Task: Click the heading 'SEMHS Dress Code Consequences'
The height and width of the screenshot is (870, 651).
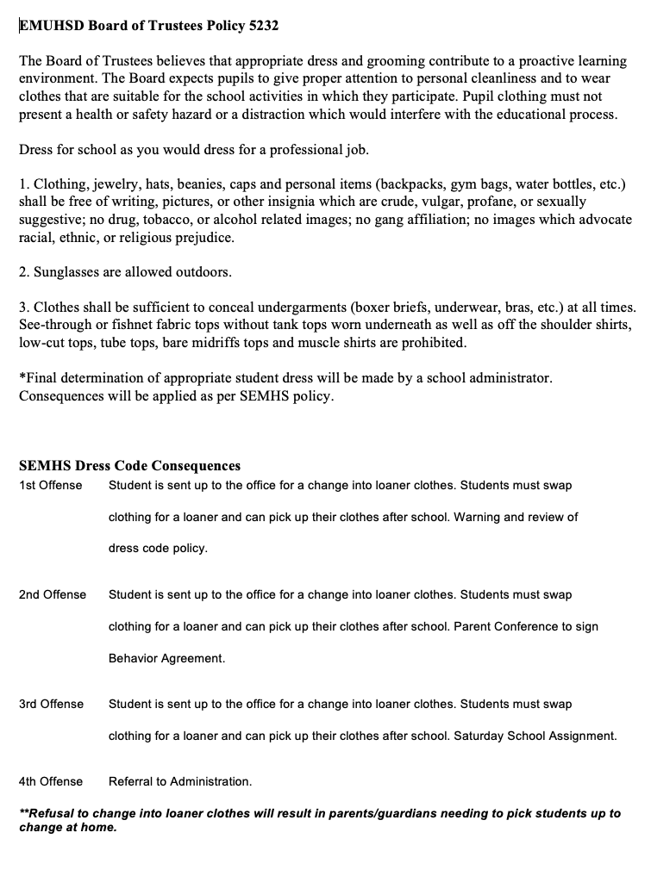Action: tap(129, 466)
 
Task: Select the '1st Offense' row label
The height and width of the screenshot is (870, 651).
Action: tap(50, 485)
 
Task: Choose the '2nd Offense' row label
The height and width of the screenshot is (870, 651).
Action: tap(53, 594)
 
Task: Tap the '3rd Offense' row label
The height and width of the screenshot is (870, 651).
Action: tap(51, 704)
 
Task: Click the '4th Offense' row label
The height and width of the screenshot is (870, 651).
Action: tap(51, 781)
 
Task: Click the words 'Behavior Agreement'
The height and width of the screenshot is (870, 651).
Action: tap(166, 658)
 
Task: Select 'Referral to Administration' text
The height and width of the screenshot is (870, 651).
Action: tap(180, 781)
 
